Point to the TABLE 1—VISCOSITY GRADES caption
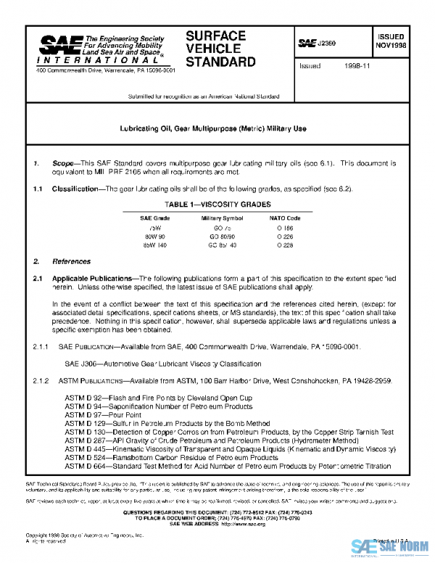217,205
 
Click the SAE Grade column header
154,218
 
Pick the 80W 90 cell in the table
154,236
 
